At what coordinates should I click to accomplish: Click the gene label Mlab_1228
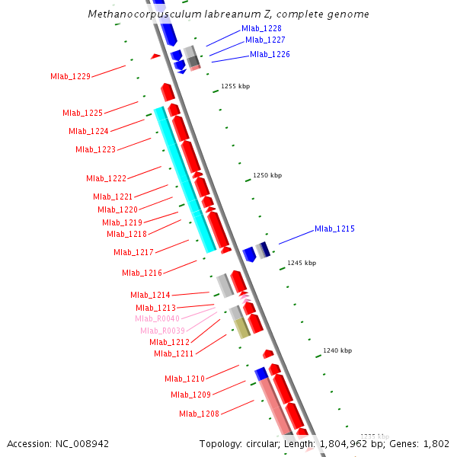261,29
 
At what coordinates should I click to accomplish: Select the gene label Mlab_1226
270,55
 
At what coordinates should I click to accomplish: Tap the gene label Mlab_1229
70,76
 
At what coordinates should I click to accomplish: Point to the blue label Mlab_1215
334,229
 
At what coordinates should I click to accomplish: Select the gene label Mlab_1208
199,414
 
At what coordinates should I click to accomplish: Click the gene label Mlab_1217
133,252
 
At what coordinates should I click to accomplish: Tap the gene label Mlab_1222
106,178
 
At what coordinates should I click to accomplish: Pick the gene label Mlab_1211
174,353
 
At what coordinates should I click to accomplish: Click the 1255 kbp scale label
235,87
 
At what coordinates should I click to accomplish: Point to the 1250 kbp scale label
267,176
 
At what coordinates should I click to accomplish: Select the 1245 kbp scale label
302,264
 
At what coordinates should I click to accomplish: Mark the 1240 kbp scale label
337,351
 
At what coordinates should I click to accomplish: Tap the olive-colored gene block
241,328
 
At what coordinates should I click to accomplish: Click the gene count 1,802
435,443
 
